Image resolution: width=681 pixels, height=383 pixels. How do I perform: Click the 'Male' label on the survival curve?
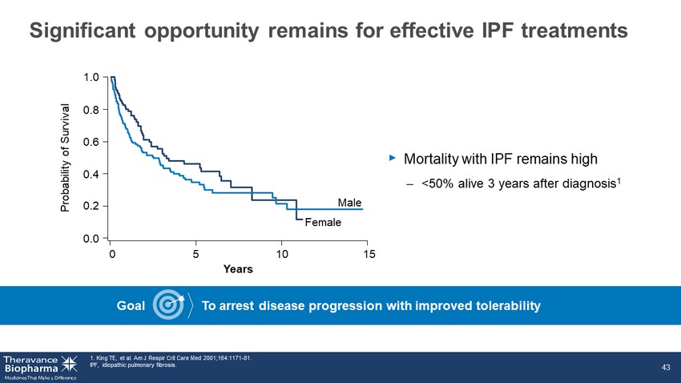349,203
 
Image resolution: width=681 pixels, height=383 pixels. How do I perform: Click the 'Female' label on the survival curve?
323,222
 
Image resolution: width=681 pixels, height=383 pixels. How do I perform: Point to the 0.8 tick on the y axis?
91,110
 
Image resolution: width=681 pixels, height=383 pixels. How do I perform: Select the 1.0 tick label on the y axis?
91,77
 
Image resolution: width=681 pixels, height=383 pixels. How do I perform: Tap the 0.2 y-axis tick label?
91,206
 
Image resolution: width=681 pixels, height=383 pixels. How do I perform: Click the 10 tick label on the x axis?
282,254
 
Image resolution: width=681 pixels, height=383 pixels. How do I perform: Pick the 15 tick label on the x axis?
369,254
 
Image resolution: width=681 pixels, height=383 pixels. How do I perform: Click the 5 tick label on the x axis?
195,254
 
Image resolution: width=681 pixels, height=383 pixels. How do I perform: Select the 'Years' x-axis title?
238,269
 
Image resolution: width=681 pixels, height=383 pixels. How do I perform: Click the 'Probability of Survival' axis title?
65,158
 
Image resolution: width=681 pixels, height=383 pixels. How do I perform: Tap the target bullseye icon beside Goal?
168,304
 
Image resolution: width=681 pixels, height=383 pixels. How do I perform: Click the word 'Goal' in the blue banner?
131,306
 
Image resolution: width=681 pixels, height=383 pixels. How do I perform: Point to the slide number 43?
666,367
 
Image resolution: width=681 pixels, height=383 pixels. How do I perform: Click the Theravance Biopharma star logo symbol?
69,364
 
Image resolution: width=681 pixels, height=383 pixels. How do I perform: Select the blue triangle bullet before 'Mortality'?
393,158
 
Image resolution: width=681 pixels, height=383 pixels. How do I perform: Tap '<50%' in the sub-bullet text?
437,183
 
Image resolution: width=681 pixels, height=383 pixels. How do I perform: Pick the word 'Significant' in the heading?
83,31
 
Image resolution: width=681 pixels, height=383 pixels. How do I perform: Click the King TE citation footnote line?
171,358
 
